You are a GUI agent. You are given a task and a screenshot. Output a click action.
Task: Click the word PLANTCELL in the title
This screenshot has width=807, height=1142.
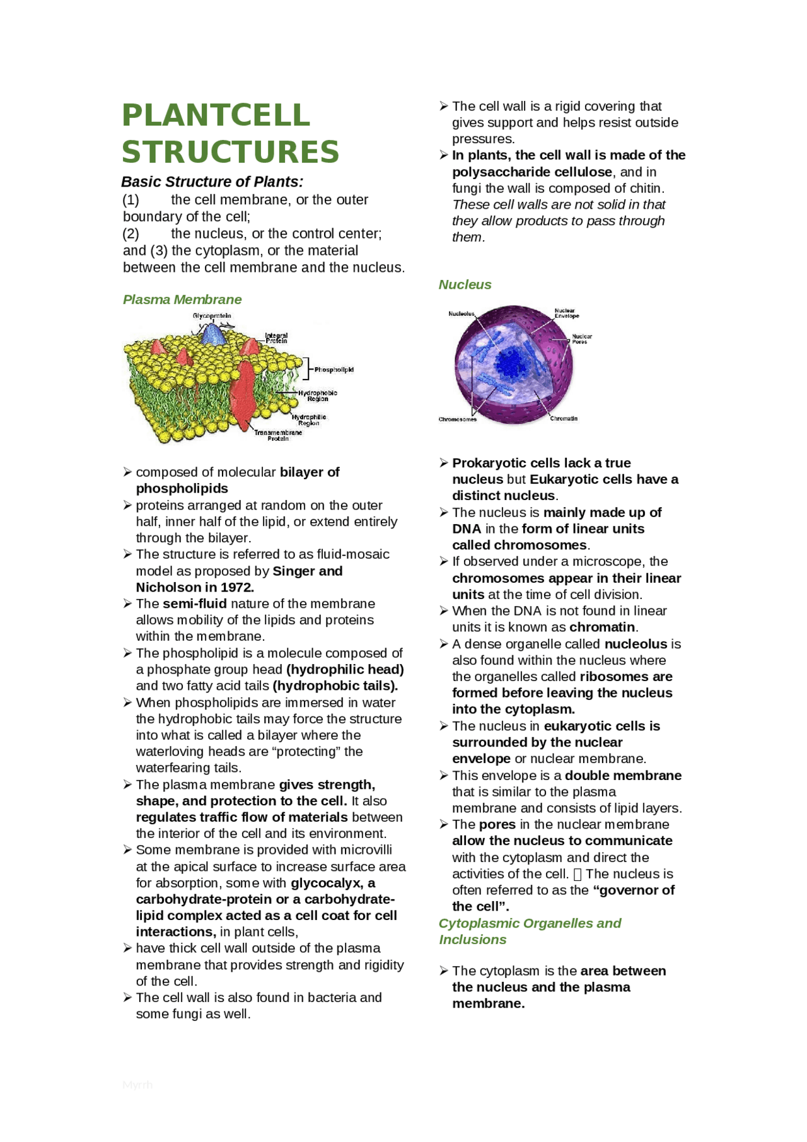216,115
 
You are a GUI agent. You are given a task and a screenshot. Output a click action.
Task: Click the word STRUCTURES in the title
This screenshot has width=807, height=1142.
230,152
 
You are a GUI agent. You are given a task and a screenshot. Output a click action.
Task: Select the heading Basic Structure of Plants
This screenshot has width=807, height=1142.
212,182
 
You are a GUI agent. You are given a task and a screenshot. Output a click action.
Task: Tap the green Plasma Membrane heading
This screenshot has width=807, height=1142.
182,300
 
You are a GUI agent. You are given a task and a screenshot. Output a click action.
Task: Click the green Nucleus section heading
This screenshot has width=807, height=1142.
465,284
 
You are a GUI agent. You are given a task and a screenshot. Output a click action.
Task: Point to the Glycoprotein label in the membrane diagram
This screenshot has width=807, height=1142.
212,315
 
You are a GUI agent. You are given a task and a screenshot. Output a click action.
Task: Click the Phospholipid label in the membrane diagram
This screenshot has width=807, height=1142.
334,370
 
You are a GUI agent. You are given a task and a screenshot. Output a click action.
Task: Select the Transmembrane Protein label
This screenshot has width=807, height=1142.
278,435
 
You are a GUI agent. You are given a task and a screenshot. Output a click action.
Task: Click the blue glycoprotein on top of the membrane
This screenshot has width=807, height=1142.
213,334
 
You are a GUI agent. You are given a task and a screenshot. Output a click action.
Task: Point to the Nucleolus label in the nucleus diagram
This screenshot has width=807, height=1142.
461,313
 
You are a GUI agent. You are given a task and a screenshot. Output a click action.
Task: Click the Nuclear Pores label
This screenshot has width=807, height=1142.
581,339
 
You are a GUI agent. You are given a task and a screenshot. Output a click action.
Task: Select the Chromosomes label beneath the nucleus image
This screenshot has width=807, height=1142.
457,419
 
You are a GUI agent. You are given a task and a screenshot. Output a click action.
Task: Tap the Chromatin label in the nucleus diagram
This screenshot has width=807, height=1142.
563,418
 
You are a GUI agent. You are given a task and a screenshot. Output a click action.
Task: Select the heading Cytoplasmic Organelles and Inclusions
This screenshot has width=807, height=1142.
530,931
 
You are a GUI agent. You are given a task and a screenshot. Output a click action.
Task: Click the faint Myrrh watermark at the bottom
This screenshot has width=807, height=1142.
137,1084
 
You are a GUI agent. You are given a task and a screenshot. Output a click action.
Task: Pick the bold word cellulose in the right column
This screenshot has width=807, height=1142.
581,172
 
